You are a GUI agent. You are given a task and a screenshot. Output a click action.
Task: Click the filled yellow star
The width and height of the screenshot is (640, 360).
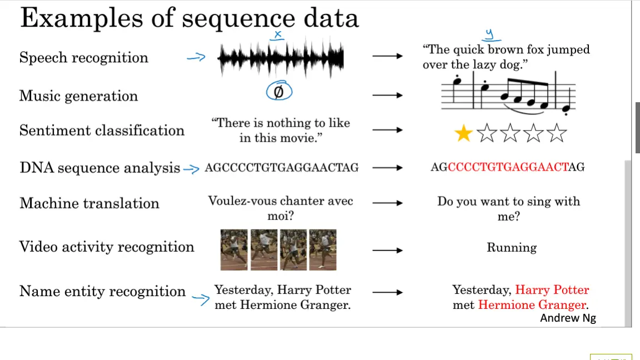[x=463, y=133]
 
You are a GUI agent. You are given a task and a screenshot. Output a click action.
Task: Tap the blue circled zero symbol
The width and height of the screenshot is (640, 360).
[x=279, y=91]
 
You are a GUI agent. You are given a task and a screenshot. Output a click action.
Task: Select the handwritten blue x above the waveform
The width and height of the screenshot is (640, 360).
[x=278, y=36]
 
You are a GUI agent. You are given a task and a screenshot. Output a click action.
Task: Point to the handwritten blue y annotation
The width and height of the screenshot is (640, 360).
[x=490, y=35]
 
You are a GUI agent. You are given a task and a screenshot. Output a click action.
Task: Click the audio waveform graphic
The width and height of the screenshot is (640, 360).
[x=281, y=58]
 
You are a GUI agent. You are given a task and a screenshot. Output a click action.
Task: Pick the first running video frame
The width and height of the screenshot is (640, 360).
[x=234, y=250]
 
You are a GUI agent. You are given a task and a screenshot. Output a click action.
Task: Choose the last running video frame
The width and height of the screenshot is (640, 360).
[x=323, y=250]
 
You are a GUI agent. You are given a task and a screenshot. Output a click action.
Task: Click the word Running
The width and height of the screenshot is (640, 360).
[x=512, y=248]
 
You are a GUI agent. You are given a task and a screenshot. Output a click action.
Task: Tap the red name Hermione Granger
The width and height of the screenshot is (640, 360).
[x=532, y=305]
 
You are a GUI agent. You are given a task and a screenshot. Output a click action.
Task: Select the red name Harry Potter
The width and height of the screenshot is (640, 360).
[x=552, y=290]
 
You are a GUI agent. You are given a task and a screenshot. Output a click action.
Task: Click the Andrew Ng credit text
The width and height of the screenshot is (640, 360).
[x=568, y=318]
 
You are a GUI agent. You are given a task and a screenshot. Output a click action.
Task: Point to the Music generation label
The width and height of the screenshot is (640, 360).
[x=78, y=96]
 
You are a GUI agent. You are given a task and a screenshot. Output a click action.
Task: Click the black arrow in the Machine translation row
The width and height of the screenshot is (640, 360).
[x=387, y=203]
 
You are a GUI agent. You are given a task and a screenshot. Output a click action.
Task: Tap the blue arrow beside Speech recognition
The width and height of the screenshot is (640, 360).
[x=196, y=57]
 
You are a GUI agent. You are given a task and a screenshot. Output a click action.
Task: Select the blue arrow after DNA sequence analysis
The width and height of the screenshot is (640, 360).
[x=191, y=168]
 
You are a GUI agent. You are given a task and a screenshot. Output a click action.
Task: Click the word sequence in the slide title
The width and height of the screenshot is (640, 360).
[x=238, y=19]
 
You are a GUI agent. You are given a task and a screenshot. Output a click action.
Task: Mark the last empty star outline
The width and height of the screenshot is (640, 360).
[x=557, y=133]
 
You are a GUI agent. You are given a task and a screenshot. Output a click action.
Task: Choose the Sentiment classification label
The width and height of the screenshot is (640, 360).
[x=102, y=131]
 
